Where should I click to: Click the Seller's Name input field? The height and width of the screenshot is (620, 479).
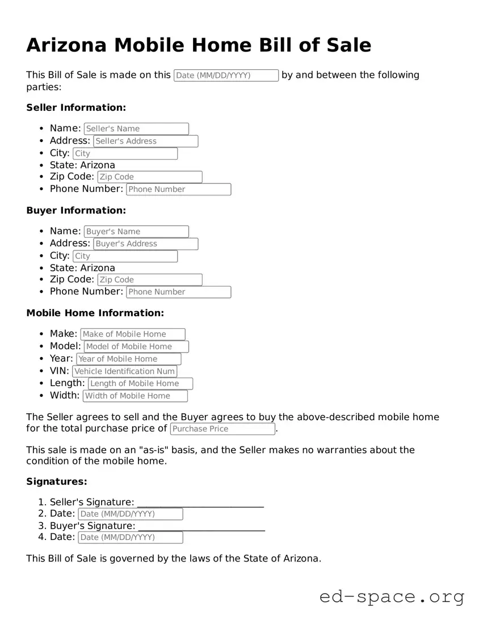(x=136, y=129)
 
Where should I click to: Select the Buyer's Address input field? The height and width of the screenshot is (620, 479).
(x=146, y=244)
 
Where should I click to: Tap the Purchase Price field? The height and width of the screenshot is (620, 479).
(x=222, y=429)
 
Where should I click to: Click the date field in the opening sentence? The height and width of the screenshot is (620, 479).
(x=226, y=76)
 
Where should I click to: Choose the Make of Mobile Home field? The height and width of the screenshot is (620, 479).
(x=133, y=334)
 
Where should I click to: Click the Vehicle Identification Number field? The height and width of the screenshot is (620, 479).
(x=132, y=371)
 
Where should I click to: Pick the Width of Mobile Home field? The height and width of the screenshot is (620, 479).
(x=135, y=396)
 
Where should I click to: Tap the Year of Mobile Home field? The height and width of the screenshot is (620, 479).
(x=129, y=359)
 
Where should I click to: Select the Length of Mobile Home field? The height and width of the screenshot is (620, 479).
(x=140, y=384)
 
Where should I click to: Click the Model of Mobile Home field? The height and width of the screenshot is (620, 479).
(x=136, y=347)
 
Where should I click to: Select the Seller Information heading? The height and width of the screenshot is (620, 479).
(x=76, y=108)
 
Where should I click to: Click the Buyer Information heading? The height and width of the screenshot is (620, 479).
(x=76, y=211)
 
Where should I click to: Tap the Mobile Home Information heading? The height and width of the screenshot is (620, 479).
(x=95, y=313)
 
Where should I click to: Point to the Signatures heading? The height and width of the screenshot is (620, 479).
(x=57, y=482)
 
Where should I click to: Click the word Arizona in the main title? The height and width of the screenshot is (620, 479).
(x=66, y=45)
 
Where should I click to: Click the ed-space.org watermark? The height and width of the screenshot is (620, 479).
(x=392, y=597)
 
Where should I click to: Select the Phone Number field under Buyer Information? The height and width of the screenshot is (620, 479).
(x=178, y=292)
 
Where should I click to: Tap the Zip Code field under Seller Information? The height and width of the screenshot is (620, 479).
(x=150, y=177)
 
